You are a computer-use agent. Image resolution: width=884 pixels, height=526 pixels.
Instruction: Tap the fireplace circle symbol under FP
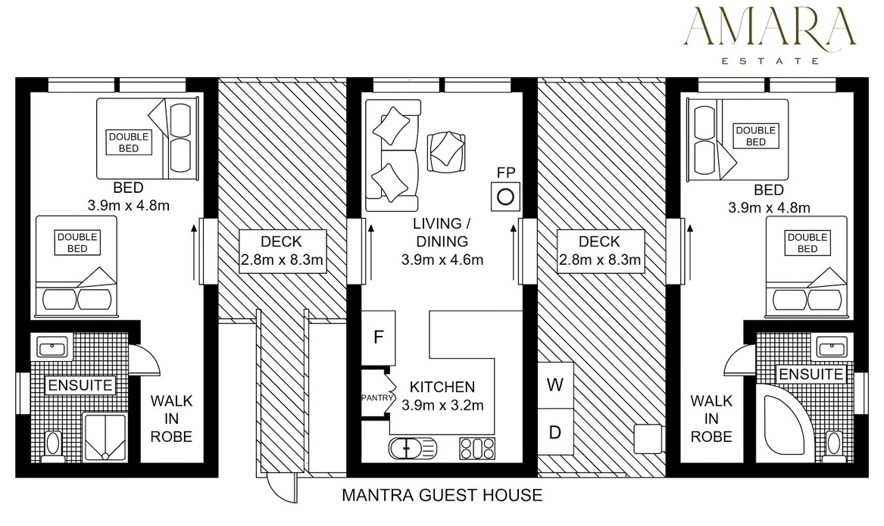coord(505,197)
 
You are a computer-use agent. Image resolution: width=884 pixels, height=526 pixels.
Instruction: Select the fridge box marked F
coord(378,338)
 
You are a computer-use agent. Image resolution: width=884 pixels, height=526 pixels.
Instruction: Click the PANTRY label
coord(377,397)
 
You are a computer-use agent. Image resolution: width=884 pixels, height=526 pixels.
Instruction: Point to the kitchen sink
coord(413,448)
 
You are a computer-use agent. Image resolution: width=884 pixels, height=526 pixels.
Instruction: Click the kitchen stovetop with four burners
coord(477,448)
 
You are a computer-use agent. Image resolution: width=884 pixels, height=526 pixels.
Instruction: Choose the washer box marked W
coord(555,384)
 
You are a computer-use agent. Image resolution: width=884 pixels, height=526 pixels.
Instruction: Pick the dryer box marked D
coord(555,432)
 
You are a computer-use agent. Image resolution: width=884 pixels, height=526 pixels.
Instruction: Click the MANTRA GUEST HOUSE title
coord(442,495)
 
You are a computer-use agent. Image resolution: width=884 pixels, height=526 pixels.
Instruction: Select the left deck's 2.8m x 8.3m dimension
coord(282,260)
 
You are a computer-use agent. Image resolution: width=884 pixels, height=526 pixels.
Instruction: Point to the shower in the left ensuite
coord(105,437)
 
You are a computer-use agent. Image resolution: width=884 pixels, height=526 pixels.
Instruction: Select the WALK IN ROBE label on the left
coord(171,419)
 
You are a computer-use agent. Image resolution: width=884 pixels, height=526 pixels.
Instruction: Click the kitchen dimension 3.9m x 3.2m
coord(442,405)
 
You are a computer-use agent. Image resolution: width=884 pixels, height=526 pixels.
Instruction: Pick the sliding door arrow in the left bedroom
coord(193,252)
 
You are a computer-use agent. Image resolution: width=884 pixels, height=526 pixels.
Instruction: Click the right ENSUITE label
coord(811,375)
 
